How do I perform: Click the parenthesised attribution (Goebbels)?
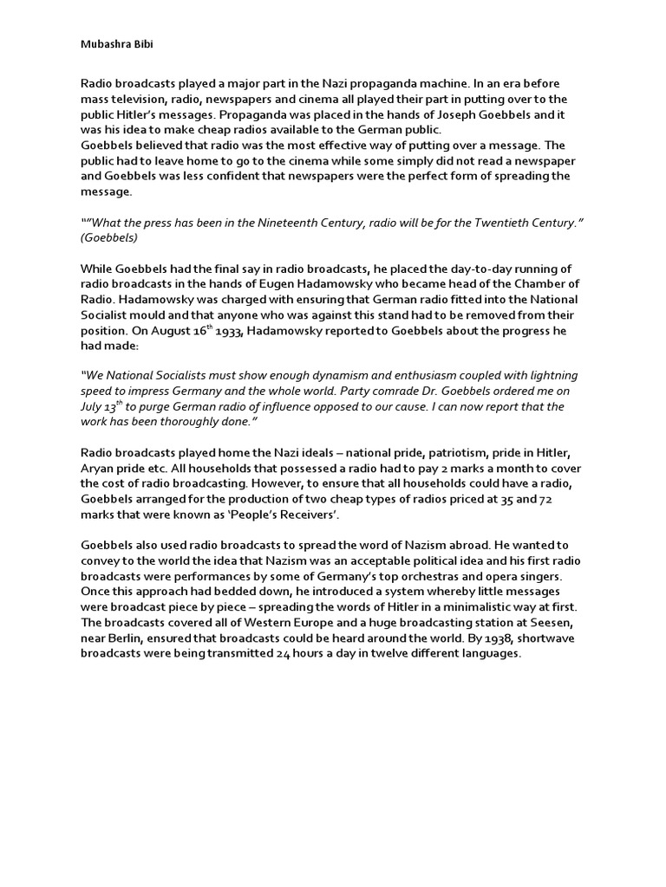point(109,237)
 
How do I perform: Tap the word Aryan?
point(99,469)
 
